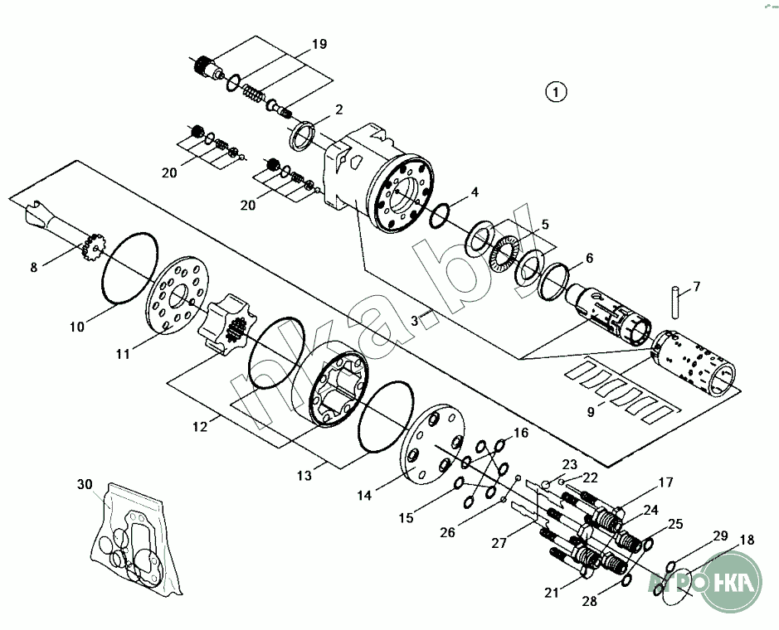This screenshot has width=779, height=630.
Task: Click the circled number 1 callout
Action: tap(555, 91)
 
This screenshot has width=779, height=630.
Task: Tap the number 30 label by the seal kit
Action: tap(85, 484)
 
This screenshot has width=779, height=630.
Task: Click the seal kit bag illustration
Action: tap(132, 539)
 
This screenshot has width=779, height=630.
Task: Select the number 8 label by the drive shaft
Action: tap(34, 267)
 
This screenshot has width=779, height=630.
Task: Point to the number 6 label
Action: tap(589, 258)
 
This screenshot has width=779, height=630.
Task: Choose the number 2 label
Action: tap(338, 109)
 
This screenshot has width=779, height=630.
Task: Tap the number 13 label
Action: tap(304, 476)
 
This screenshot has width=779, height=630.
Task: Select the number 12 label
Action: tap(199, 426)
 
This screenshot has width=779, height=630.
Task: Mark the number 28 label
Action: tap(589, 602)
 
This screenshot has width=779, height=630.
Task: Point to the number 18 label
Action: tap(747, 540)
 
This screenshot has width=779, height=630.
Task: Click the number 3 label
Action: tap(414, 321)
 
